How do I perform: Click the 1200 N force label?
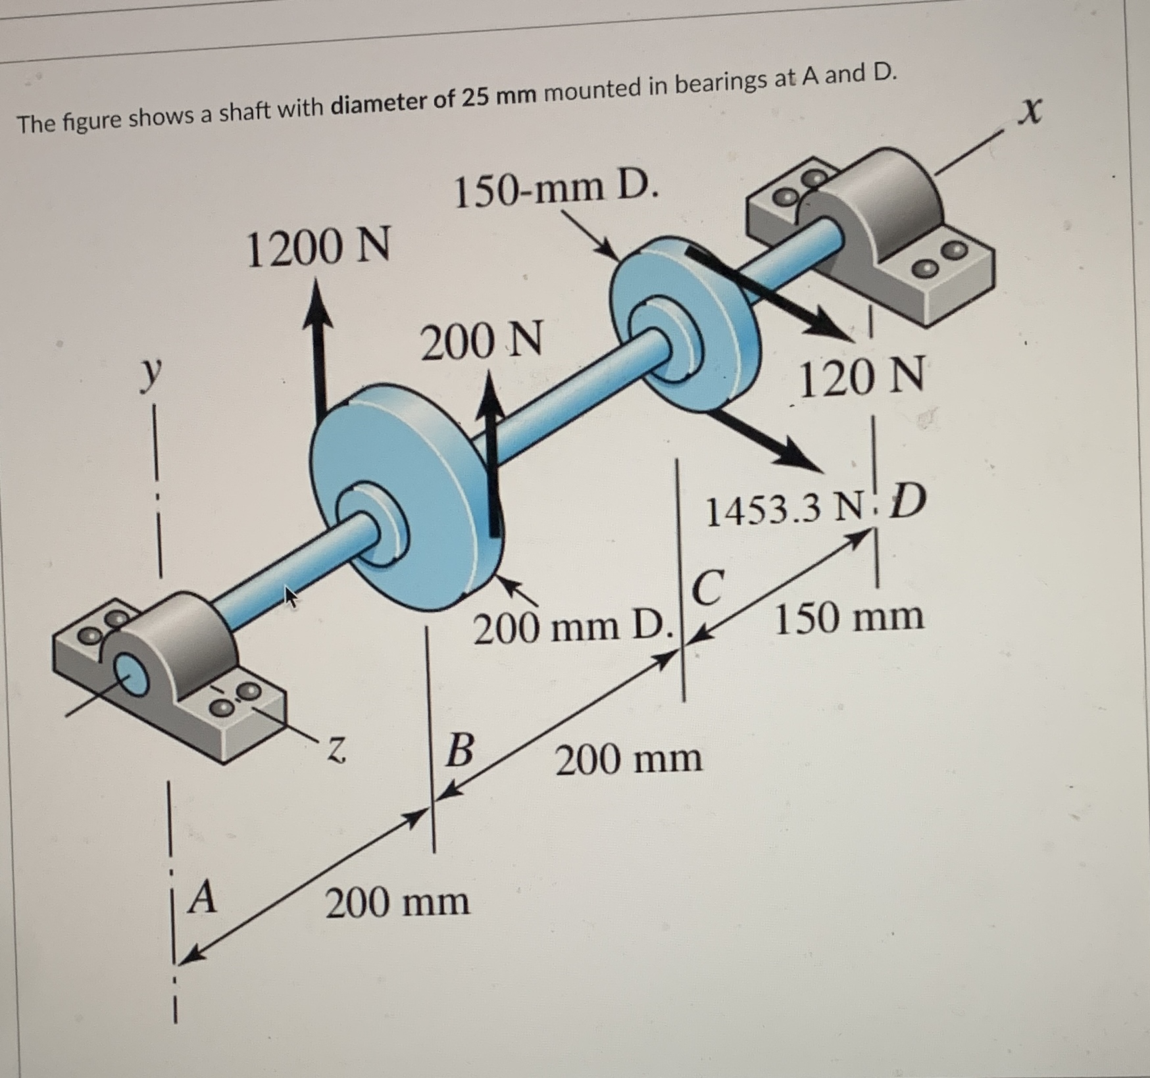pos(318,247)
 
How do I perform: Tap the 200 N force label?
pos(482,341)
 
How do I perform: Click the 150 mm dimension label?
pos(849,618)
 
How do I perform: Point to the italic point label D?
pos(907,502)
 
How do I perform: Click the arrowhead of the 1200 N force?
pos(318,303)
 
